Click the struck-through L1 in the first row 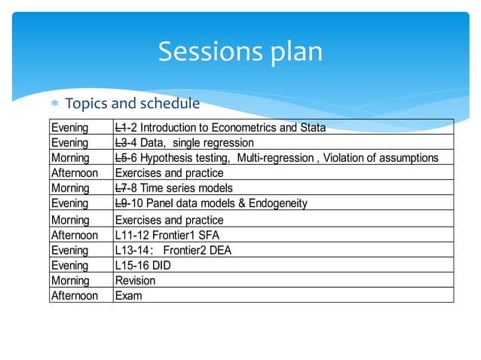(121, 127)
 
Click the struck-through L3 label (121, 142)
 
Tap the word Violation (348, 157)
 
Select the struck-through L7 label (121, 188)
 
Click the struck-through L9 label (121, 203)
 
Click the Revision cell (135, 280)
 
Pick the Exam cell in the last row (128, 295)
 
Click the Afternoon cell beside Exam (74, 295)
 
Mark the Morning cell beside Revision (70, 280)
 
